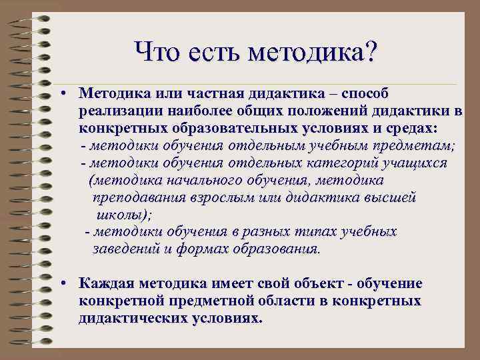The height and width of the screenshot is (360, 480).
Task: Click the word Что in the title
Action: pos(157,51)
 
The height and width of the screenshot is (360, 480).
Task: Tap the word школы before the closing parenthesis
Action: pos(120,215)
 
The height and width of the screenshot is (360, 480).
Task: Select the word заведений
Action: pos(124,249)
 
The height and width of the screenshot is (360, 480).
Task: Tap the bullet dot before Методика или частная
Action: pos(61,93)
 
